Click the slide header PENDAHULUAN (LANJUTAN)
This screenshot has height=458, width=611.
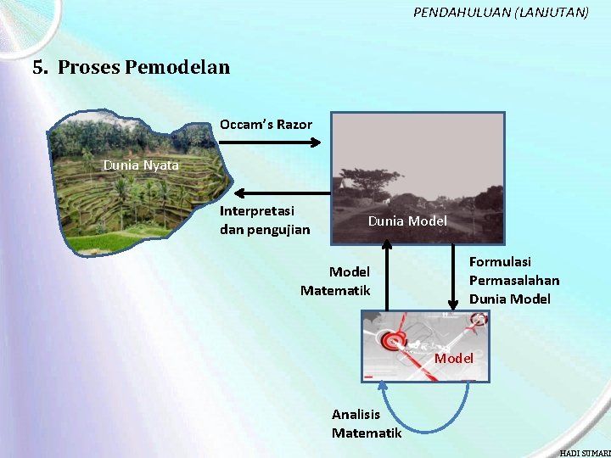point(501,13)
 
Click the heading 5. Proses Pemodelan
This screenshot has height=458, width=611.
point(132,67)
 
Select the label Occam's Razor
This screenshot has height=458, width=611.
point(266,125)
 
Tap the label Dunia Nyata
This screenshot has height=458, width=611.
point(141,165)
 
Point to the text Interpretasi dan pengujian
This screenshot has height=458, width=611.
point(265,220)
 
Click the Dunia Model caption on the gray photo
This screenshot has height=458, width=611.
point(407,221)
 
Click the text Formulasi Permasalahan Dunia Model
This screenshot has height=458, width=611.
point(513,281)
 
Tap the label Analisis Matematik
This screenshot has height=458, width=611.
point(366,423)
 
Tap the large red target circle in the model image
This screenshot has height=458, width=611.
point(394,342)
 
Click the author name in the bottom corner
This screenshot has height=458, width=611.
point(585,453)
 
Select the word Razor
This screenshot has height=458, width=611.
point(294,125)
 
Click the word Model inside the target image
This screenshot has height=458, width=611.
point(454,359)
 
